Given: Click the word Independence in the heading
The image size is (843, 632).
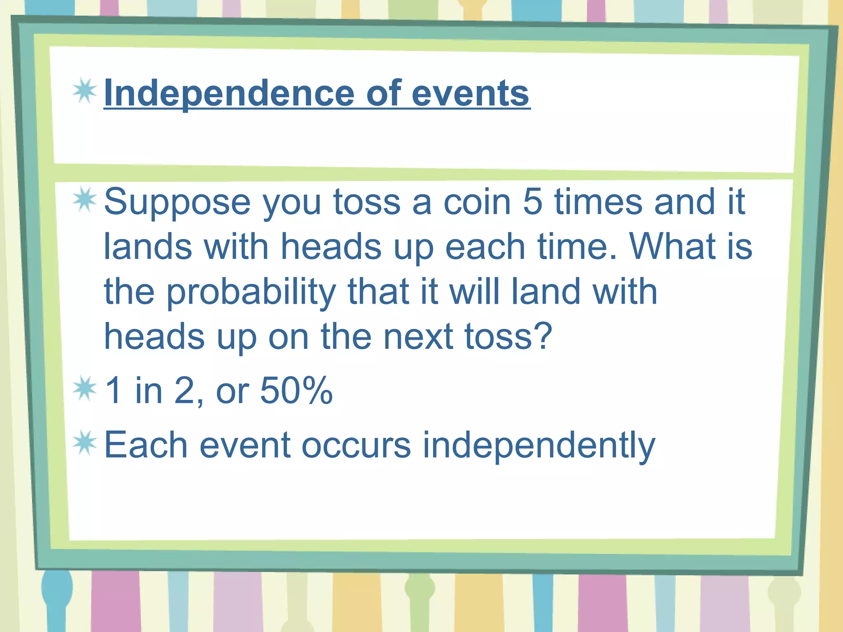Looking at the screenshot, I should click(x=229, y=93).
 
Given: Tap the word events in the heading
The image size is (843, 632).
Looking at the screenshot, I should click(x=470, y=93).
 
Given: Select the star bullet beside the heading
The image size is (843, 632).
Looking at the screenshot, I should click(x=85, y=91).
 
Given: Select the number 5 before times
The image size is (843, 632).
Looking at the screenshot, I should click(x=533, y=202).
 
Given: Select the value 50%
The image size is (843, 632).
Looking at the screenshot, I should click(x=296, y=390).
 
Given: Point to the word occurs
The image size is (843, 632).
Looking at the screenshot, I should click(x=356, y=445).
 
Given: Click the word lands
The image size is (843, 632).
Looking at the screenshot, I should click(x=148, y=246).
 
